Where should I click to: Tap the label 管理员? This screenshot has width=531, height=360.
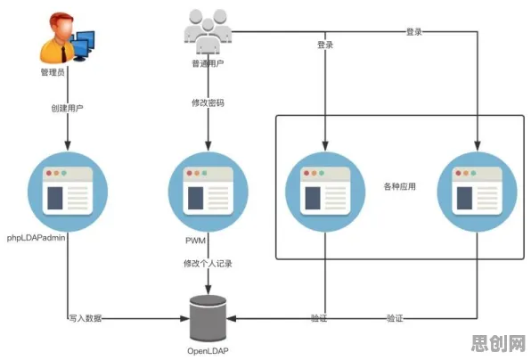[53, 72]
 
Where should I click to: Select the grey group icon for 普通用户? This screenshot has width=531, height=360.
[208, 32]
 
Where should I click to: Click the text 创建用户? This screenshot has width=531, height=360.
[67, 108]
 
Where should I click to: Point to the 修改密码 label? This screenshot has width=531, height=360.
[208, 102]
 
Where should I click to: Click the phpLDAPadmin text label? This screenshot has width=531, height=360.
[36, 238]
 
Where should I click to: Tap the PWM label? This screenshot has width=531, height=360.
[195, 241]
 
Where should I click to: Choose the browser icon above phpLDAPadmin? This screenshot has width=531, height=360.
[68, 192]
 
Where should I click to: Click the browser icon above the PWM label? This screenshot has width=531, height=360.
[208, 192]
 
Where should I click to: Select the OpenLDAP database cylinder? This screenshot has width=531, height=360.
[208, 318]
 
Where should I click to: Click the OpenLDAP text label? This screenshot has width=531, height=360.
[208, 351]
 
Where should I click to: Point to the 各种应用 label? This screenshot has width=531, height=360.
[400, 186]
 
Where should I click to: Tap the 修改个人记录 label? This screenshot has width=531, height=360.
[208, 264]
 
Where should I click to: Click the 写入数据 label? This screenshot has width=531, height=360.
[86, 318]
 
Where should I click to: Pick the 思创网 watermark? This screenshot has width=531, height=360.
[498, 344]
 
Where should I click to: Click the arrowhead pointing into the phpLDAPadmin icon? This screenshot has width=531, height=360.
[68, 145]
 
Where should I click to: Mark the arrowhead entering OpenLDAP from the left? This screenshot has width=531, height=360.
[184, 318]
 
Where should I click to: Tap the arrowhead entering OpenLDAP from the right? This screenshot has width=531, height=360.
[232, 318]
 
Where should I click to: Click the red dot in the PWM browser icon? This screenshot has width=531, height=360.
[189, 173]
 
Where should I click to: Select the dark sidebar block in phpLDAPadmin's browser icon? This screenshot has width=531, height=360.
[55, 198]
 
